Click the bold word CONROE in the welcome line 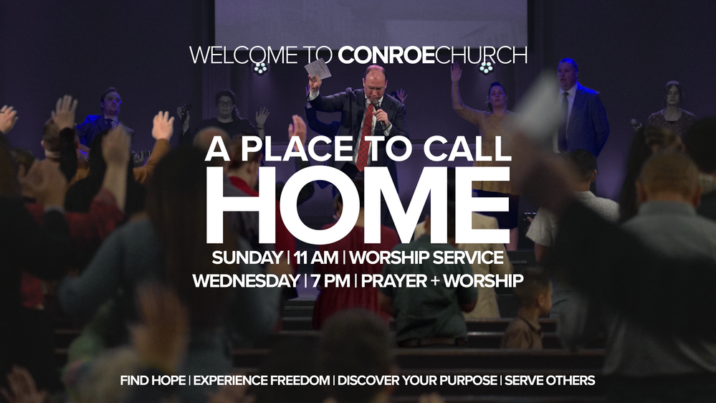pos(386,55)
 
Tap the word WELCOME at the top pos(244,55)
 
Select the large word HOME pos(358,205)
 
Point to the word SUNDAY pos(247,257)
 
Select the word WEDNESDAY pos(246,280)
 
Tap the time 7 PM pos(330,280)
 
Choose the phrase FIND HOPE pos(153,380)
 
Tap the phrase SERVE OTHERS pos(550,380)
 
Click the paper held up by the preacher pos(318,70)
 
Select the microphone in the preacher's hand pos(378,114)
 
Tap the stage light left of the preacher pos(260,68)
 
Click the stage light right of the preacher pos(486,67)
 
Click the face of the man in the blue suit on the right pos(568,73)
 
